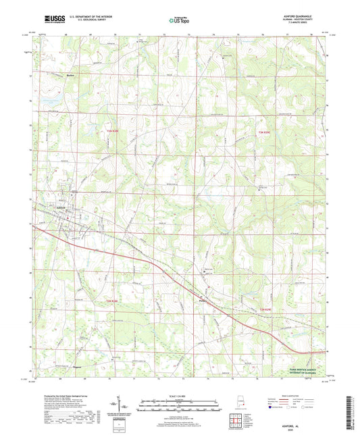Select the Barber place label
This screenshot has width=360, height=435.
click(70, 76)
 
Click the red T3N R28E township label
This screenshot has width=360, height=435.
click(111, 132)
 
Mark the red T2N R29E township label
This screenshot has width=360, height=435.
click(267, 310)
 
